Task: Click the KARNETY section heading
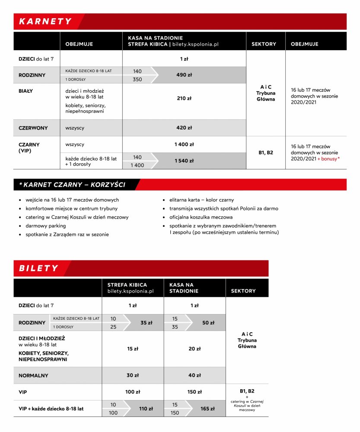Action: [x=45, y=22]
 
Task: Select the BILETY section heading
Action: [x=38, y=268]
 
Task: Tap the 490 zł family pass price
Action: [x=184, y=75]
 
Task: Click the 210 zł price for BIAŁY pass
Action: [x=184, y=98]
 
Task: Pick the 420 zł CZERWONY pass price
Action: [x=184, y=128]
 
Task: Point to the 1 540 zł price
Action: [x=184, y=161]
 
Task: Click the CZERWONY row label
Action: [x=33, y=128]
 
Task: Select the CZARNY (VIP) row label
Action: [x=29, y=148]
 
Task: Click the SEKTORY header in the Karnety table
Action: [x=264, y=44]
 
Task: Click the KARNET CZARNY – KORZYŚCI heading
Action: [x=72, y=185]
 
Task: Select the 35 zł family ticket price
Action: [x=147, y=323]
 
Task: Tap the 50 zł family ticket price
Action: [x=208, y=323]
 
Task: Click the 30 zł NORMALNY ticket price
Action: [x=133, y=375]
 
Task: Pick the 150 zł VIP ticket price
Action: [x=194, y=392]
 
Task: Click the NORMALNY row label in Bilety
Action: [x=33, y=375]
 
